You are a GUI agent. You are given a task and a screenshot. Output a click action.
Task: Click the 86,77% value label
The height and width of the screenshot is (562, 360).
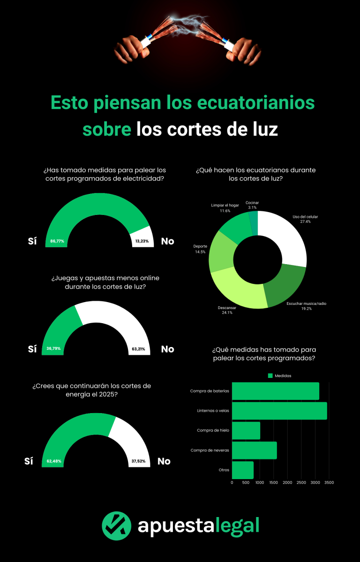[57, 241]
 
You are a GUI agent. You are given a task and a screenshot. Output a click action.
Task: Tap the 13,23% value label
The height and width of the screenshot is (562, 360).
[141, 241]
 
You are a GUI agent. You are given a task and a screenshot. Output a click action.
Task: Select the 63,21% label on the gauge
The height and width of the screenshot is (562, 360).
[138, 349]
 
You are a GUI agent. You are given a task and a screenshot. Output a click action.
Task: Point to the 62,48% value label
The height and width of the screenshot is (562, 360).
[54, 461]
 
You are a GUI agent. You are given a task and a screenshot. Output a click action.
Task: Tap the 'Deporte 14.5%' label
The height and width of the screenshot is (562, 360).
[200, 249]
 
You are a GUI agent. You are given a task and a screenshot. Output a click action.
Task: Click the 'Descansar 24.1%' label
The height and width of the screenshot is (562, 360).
[227, 310]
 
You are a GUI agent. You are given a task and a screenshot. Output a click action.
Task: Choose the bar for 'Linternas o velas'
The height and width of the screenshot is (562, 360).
[279, 411]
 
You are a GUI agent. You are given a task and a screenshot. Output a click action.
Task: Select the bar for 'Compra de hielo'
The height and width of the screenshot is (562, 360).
[246, 430]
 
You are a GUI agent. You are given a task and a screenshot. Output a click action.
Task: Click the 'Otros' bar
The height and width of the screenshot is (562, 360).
[243, 470]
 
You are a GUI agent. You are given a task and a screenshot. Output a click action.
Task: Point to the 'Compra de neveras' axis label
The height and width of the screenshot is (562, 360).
[210, 450]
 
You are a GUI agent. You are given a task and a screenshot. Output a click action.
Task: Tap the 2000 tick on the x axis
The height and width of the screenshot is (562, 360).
[287, 482]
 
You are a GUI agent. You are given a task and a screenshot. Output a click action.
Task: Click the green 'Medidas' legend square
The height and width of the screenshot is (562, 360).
[270, 376]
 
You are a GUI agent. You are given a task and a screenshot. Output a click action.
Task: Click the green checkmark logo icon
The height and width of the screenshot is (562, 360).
[116, 525]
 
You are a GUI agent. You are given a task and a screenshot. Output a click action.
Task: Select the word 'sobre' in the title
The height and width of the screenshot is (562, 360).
[106, 129]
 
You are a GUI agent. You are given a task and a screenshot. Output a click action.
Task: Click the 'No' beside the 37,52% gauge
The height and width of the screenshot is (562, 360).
[164, 461]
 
